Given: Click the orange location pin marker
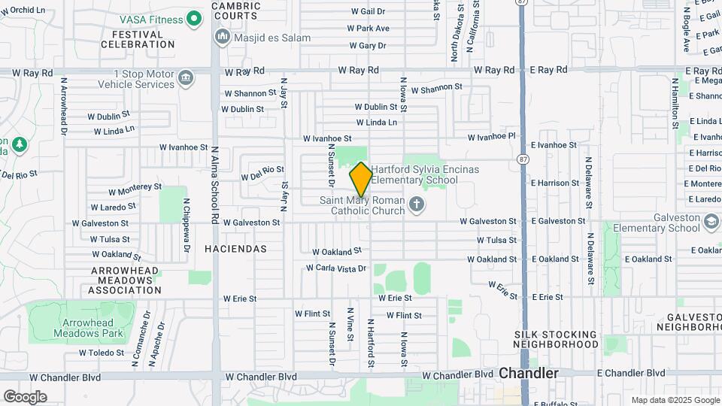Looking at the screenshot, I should click(361, 180).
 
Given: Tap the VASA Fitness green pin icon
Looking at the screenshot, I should click(195, 17).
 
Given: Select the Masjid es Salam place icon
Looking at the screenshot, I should click(222, 36).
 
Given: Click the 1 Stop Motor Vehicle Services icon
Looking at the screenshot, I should click(186, 77).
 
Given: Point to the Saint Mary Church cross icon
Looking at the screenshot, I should click(416, 205).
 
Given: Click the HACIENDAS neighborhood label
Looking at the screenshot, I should click(235, 247).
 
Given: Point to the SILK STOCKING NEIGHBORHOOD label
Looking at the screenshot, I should click(556, 338).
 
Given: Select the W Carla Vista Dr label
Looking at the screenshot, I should click(336, 268).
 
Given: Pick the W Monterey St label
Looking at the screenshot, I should click(135, 190).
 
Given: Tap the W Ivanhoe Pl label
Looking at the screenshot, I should click(493, 137).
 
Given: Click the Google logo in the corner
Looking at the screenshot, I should click(25, 396).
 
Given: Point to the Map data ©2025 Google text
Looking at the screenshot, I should click(675, 400).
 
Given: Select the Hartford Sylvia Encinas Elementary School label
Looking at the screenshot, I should click(425, 174).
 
